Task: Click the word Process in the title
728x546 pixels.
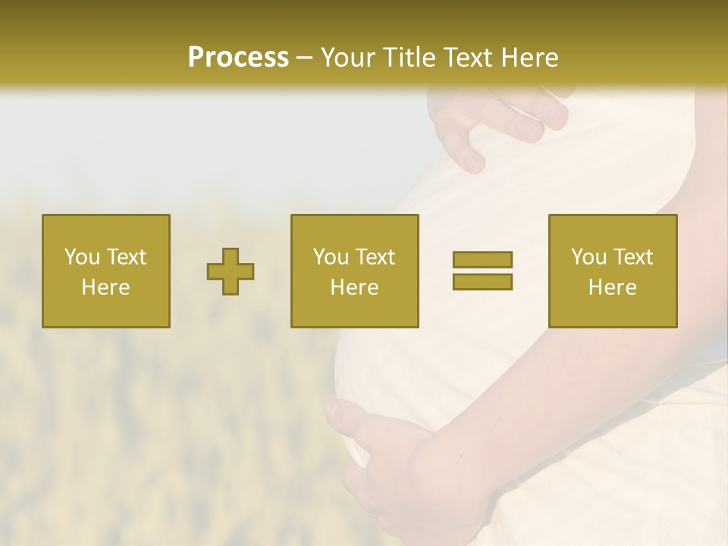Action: pyautogui.click(x=238, y=58)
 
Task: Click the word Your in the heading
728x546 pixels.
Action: pyautogui.click(x=348, y=58)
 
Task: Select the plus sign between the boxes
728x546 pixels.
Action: pyautogui.click(x=231, y=271)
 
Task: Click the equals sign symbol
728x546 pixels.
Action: pyautogui.click(x=482, y=271)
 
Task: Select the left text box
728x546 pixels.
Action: pyautogui.click(x=106, y=271)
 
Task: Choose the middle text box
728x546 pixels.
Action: pyautogui.click(x=354, y=271)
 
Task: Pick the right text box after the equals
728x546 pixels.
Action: pyautogui.click(x=613, y=271)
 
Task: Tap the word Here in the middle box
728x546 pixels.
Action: pyautogui.click(x=354, y=287)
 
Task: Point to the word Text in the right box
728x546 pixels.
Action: pyautogui.click(x=633, y=257)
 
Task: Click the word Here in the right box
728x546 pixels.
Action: pyautogui.click(x=613, y=287)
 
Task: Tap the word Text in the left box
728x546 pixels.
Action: pyautogui.click(x=126, y=257)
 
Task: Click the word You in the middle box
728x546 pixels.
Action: pyautogui.click(x=331, y=257)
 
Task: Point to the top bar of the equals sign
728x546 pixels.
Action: pyautogui.click(x=482, y=260)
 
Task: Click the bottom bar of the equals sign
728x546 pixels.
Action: pyautogui.click(x=482, y=281)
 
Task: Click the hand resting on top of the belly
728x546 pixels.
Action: pyautogui.click(x=500, y=121)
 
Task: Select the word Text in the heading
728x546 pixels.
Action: pyautogui.click(x=469, y=58)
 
